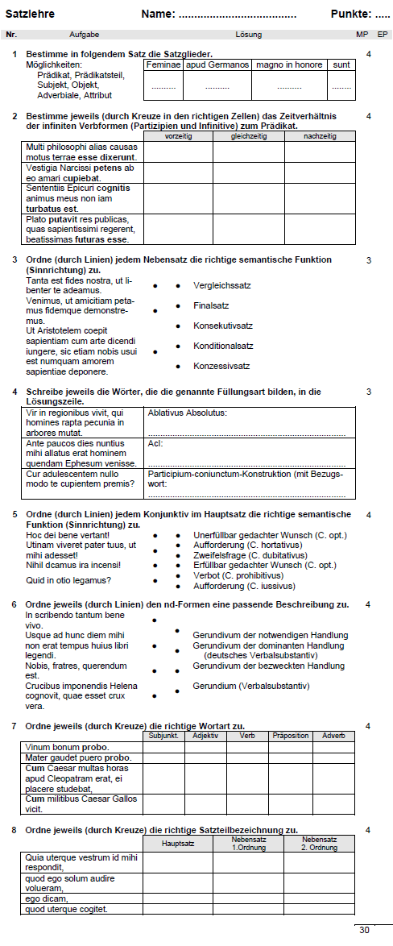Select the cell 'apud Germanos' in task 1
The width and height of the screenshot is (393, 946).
[217, 64]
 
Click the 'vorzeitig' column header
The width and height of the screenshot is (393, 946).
[178, 137]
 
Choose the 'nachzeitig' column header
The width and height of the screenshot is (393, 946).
[320, 137]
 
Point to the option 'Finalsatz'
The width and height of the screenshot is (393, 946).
[211, 305]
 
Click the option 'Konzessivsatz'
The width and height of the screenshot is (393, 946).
[221, 365]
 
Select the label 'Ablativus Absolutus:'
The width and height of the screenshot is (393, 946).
[187, 413]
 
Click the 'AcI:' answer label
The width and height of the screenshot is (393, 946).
[155, 442]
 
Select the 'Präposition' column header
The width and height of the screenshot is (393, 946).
[290, 736]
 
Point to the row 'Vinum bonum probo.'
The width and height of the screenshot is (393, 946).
[67, 747]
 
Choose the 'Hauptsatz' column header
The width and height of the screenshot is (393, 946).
[178, 844]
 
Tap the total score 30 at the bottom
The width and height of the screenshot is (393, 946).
[364, 929]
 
